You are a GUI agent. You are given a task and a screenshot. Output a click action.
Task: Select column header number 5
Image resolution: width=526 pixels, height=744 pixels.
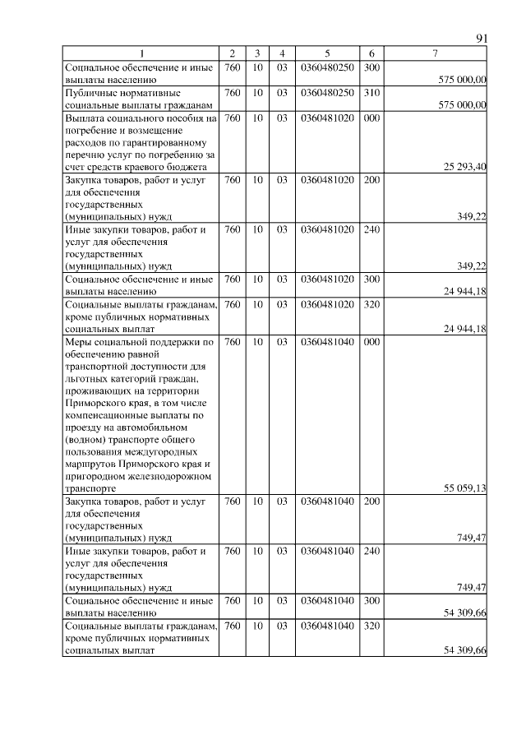tap(327, 54)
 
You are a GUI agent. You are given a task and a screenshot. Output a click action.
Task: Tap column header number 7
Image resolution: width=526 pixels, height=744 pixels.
tap(435, 54)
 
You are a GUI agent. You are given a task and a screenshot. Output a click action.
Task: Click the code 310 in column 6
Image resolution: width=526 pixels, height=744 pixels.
tap(371, 93)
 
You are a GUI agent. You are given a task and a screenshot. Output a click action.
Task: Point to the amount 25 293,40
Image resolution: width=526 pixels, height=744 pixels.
tap(465, 167)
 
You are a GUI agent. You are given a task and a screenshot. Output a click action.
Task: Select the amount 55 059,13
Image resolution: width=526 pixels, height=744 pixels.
tap(465, 488)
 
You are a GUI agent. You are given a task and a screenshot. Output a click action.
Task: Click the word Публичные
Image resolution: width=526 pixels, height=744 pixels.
tap(91, 93)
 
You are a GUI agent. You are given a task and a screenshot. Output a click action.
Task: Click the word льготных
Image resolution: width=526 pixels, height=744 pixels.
tap(85, 378)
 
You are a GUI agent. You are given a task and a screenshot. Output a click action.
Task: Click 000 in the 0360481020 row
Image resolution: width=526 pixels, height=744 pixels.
tap(371, 118)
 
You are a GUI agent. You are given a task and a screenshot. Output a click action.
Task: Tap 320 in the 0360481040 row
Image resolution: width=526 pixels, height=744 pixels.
tap(371, 626)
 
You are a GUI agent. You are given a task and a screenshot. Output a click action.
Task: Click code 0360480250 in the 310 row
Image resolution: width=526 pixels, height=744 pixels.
tap(327, 93)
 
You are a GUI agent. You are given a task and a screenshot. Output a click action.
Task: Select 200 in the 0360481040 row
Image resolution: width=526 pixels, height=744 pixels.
tap(371, 501)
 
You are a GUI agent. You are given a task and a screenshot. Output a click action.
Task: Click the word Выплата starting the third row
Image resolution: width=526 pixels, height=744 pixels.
tap(87, 118)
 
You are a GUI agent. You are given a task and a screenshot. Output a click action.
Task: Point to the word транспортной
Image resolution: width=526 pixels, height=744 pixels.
tap(97, 366)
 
